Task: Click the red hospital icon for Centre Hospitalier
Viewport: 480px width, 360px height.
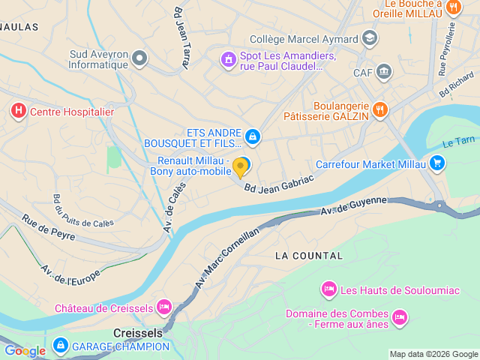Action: (18, 112)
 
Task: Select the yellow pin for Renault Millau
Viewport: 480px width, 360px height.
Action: (240, 166)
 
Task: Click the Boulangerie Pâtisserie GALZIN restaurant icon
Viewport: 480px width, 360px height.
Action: (380, 110)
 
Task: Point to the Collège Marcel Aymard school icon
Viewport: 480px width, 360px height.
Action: (369, 37)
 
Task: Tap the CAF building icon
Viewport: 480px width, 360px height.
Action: (385, 72)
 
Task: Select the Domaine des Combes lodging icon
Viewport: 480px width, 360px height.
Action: (400, 318)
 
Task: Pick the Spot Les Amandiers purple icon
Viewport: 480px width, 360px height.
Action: (227, 58)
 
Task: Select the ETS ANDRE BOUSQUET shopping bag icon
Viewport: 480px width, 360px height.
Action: (253, 136)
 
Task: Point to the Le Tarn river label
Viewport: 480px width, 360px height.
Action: (458, 142)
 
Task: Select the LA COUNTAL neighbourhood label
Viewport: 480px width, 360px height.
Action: (309, 256)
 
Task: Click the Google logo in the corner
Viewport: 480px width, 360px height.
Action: (25, 350)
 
